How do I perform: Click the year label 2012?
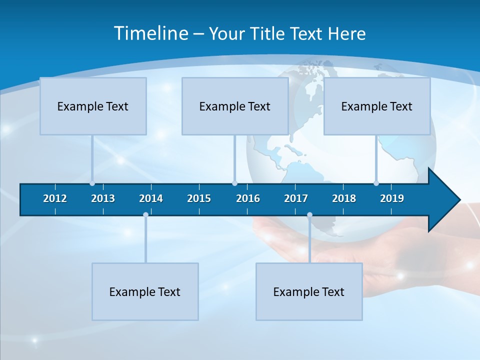coord(55,198)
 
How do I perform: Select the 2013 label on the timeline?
coord(103,198)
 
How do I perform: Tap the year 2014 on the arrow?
coord(151,198)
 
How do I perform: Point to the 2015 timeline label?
coord(199,198)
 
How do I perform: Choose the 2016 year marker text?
coord(248,198)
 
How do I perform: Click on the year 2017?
coord(296,198)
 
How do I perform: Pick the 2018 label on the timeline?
coord(344,198)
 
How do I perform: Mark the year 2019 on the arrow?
coord(392,198)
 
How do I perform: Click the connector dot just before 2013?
coord(92,183)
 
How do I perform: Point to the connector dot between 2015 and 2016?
coord(234,183)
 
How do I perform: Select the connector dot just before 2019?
coord(376,183)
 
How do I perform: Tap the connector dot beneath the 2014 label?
coord(145,215)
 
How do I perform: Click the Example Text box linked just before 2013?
coord(93,106)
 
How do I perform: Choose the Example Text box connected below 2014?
coord(145,291)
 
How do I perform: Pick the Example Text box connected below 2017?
coord(309,291)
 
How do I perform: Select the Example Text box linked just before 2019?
coord(377,106)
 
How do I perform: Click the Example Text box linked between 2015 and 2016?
coord(235,106)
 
